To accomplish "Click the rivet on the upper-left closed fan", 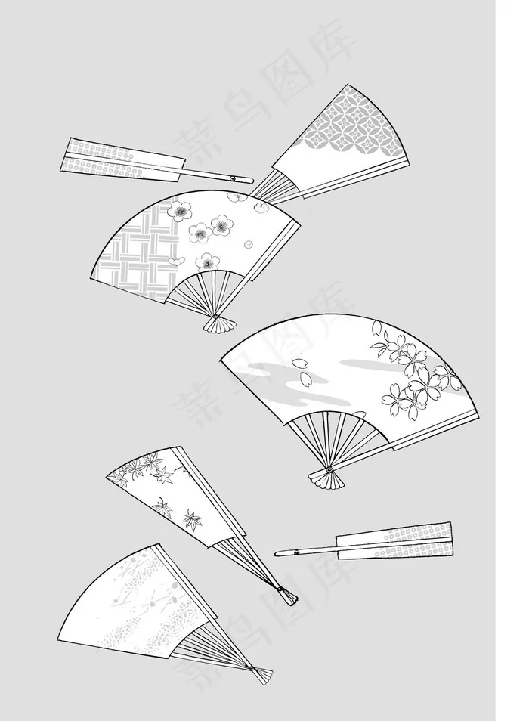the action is click(233, 178).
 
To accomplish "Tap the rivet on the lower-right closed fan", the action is click(296, 551).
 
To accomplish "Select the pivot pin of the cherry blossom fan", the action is click(329, 470).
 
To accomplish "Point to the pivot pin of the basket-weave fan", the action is click(215, 317).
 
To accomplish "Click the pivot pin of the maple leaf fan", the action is click(280, 588).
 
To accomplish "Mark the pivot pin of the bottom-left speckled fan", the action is click(252, 667).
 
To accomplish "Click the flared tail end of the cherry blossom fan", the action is click(326, 480).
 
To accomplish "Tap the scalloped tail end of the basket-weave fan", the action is click(220, 323).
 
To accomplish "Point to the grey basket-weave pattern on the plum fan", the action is click(138, 252).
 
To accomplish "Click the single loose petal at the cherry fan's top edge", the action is click(376, 327).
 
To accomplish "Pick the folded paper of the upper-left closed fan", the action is click(122, 159).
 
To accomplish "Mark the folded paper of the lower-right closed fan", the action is click(395, 540).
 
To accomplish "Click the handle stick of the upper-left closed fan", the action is click(216, 175).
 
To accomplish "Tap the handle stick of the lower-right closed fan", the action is click(306, 550).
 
